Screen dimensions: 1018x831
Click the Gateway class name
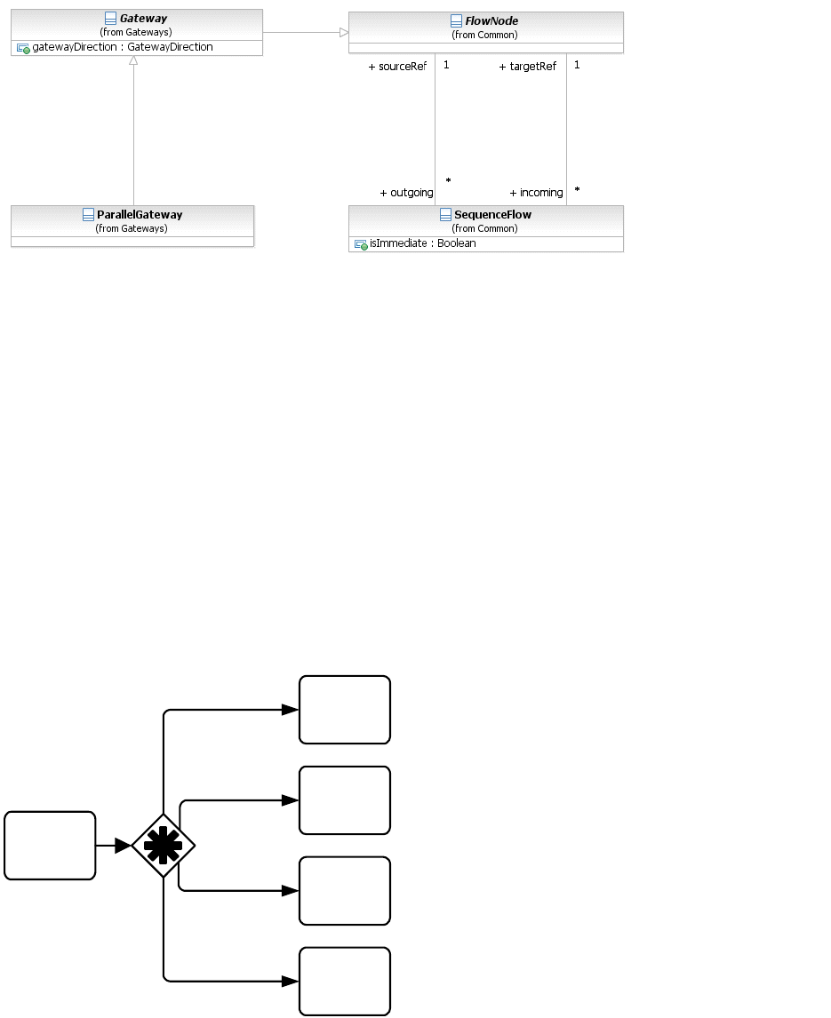point(143,19)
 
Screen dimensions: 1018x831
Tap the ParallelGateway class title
point(140,215)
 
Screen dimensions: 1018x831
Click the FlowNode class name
point(491,21)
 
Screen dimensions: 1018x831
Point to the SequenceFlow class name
point(492,215)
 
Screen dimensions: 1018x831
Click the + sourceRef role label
point(397,67)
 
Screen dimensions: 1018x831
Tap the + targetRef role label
point(528,67)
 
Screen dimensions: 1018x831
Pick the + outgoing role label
point(406,193)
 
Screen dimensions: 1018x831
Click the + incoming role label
point(536,193)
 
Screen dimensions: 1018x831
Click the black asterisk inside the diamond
point(163,846)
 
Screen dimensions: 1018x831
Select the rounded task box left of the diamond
point(50,846)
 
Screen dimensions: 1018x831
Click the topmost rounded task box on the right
point(345,710)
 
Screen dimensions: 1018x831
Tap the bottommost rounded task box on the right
point(345,982)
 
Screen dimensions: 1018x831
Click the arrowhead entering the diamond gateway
point(123,846)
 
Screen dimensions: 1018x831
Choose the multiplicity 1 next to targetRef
point(577,65)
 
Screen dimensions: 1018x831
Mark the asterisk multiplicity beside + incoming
point(577,190)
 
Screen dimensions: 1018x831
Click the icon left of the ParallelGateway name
point(88,215)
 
